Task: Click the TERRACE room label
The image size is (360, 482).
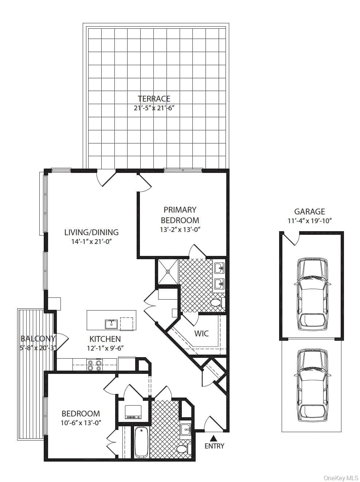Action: click(x=154, y=99)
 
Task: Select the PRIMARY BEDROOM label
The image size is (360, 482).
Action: click(x=180, y=215)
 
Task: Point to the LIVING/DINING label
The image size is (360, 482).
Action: click(x=91, y=232)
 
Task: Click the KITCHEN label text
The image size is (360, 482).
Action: click(x=105, y=339)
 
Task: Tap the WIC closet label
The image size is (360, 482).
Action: click(x=201, y=333)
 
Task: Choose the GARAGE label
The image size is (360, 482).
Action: click(x=309, y=212)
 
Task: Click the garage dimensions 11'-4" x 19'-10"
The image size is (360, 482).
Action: click(x=309, y=221)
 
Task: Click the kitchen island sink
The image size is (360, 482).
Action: click(x=111, y=324)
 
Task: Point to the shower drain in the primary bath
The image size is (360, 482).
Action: click(x=168, y=272)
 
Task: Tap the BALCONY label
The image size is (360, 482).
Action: click(x=38, y=339)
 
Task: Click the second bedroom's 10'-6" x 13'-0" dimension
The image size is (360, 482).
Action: click(x=81, y=423)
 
